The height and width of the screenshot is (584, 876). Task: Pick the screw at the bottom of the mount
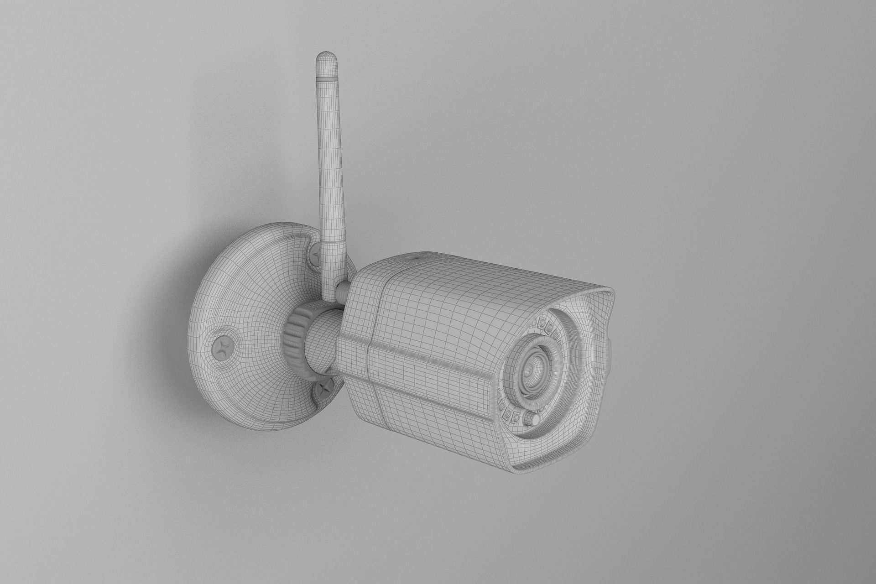326,388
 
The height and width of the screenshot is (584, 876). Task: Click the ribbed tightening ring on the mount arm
296,337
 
